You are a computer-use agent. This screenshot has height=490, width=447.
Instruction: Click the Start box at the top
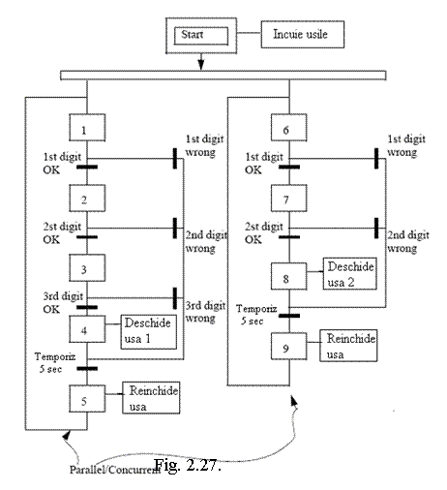(201, 36)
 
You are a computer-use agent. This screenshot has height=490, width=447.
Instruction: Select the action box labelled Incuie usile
(303, 35)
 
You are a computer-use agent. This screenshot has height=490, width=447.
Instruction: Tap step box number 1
(87, 128)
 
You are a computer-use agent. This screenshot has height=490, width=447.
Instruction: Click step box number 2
(87, 199)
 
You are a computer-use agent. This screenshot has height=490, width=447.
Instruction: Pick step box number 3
(87, 268)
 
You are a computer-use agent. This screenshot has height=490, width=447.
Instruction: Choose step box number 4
(87, 329)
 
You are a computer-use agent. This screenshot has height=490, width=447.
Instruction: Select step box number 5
(87, 399)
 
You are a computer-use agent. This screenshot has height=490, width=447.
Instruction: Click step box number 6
(289, 128)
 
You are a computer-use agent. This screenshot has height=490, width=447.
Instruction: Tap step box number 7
(289, 199)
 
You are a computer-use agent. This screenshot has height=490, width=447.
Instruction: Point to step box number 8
(289, 276)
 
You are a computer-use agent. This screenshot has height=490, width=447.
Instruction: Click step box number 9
(289, 347)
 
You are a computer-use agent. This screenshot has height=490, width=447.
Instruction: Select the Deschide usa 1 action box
(149, 332)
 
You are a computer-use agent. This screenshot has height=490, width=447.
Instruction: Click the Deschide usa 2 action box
(350, 274)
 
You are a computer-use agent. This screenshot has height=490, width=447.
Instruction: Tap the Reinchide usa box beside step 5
(151, 398)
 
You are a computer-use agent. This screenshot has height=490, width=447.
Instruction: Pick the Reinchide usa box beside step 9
(348, 346)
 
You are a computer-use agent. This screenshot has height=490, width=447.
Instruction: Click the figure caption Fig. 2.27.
(188, 465)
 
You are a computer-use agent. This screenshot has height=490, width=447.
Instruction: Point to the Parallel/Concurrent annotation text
(115, 470)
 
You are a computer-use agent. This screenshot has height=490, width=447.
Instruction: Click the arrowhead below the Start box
(201, 65)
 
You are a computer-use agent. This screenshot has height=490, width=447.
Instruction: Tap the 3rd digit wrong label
(205, 312)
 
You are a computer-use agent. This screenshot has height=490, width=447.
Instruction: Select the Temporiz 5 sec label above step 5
(55, 363)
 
